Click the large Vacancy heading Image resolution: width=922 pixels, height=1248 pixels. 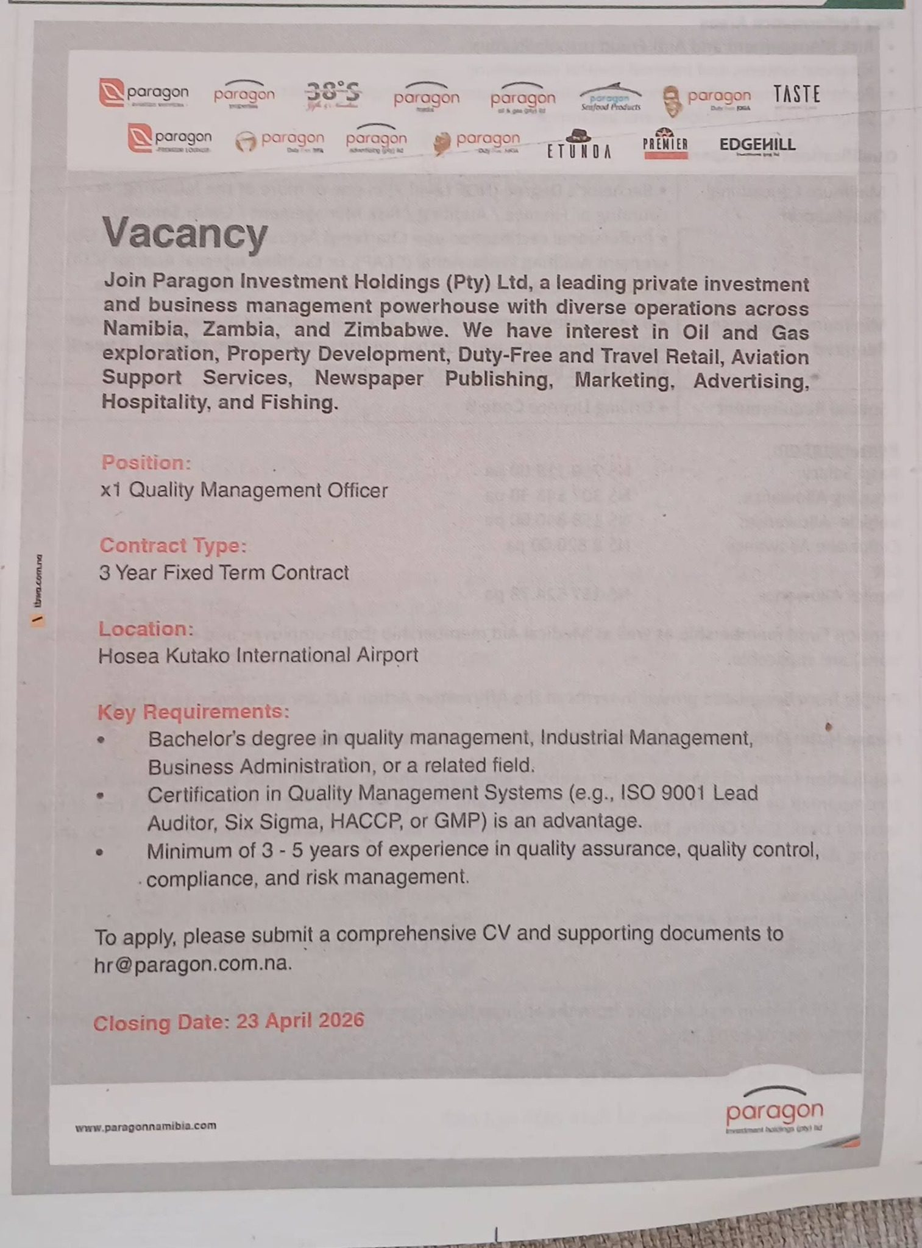point(185,233)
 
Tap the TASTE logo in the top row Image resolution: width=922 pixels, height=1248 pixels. point(796,94)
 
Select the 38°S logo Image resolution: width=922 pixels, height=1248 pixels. point(333,94)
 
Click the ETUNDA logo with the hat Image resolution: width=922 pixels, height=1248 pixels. point(578,145)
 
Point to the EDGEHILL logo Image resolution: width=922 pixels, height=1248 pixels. point(757,145)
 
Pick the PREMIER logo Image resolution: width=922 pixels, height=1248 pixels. point(665,144)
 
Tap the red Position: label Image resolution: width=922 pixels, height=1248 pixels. point(146,463)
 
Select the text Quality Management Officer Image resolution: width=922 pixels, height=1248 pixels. point(258,490)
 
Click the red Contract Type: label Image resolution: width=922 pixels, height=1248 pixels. point(173,545)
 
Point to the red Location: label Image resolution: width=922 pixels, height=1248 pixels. point(146,628)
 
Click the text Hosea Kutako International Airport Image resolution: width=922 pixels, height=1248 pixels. point(258,655)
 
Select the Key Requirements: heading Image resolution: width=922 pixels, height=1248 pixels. point(193,711)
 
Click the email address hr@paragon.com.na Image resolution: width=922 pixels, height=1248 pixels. point(193,964)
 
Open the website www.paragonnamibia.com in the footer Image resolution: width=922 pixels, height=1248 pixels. point(146,1126)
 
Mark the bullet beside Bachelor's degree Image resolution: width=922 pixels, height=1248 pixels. point(101,740)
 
